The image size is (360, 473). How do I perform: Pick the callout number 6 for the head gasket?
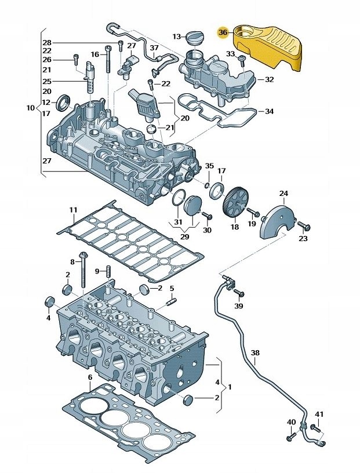coord(90,378)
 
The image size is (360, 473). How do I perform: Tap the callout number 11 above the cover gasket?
coord(73,209)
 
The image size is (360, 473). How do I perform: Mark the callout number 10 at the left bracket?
coord(31,108)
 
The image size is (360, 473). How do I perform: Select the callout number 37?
coord(154,47)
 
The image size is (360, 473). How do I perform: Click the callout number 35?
coord(209,166)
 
